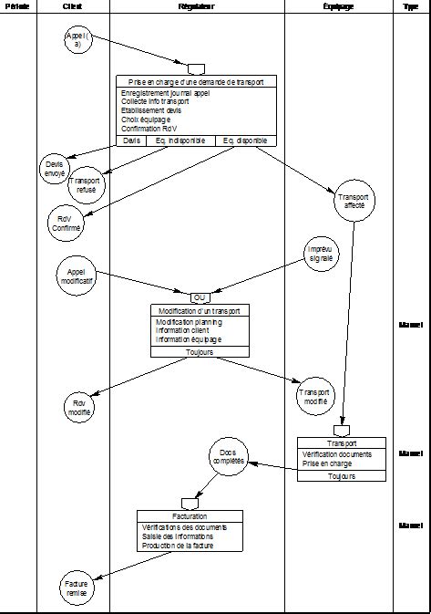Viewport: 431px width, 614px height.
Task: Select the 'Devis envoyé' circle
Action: [x=56, y=167]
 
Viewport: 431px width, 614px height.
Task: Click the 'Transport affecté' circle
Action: [x=352, y=202]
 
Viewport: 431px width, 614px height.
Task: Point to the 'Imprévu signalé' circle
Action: [x=322, y=255]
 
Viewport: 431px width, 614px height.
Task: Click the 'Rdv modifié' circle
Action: [x=78, y=407]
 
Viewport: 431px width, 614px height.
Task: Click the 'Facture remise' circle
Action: [x=77, y=587]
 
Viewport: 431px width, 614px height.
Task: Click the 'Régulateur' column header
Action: [x=197, y=6]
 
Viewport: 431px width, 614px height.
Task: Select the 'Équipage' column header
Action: [x=338, y=6]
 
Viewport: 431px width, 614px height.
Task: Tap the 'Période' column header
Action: [x=17, y=6]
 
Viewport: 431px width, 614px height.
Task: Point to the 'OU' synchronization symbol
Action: [x=199, y=297]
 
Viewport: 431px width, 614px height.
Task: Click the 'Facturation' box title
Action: [x=190, y=515]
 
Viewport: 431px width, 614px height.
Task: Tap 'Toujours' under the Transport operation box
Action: [x=342, y=476]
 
